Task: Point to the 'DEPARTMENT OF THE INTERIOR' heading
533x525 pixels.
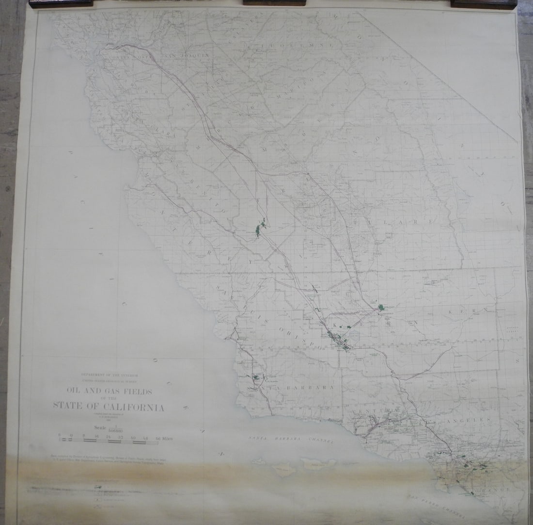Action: tap(110, 375)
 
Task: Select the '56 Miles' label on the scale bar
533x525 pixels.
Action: tap(164, 438)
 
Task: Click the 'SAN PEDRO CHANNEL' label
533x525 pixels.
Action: tap(436, 505)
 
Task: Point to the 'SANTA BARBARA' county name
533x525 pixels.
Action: tap(290, 388)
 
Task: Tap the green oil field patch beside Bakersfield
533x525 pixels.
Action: tap(382, 307)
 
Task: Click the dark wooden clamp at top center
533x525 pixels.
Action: tap(274, 3)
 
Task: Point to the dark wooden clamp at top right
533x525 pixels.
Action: tap(484, 4)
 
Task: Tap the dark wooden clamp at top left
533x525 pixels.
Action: tap(61, 4)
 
